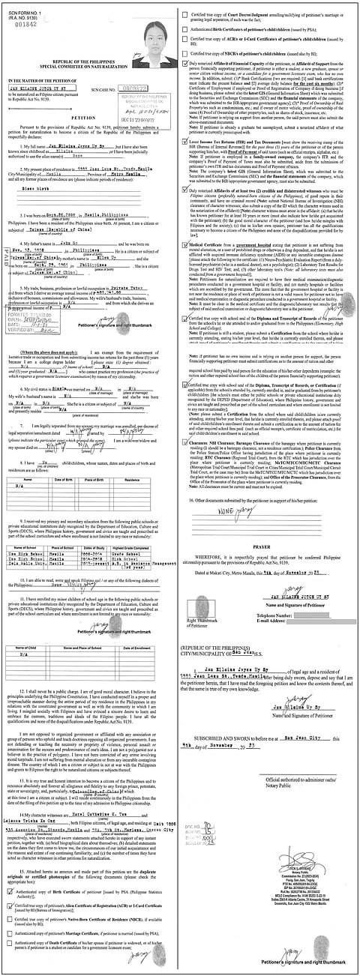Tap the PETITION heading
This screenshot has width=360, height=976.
[x=90, y=118]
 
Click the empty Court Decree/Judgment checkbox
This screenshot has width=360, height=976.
[x=186, y=10]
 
